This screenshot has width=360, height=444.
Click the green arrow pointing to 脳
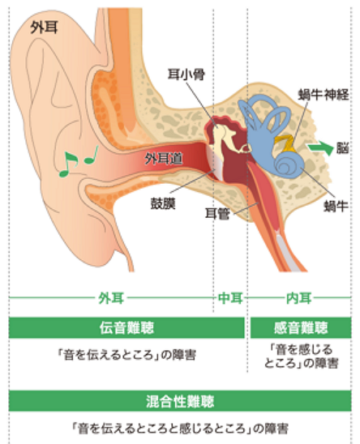click(320, 147)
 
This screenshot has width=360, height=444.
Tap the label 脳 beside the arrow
click(342, 147)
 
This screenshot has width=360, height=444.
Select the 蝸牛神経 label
click(324, 94)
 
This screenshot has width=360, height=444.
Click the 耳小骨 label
click(186, 75)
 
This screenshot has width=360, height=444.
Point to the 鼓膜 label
click(163, 203)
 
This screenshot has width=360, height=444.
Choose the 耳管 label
click(217, 214)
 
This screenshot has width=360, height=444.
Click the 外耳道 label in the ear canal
click(164, 159)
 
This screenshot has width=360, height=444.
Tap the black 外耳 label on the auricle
click(44, 28)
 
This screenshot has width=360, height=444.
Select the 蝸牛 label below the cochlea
click(336, 206)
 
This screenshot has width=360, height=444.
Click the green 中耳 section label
click(230, 298)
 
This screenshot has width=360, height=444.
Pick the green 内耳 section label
click(298, 298)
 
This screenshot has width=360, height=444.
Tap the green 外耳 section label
click(111, 298)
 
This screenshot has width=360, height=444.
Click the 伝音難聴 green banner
click(126, 327)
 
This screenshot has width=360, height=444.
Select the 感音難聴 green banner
click(301, 327)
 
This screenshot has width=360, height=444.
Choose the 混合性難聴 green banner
click(180, 401)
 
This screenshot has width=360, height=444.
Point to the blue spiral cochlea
click(289, 165)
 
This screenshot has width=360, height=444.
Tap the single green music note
click(92, 156)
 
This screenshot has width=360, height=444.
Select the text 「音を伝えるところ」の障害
click(126, 355)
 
